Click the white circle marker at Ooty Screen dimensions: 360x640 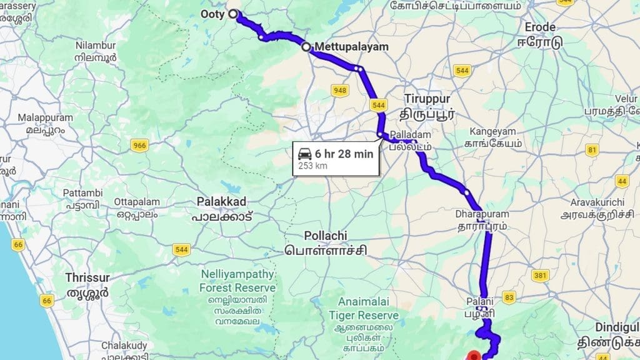click(x=233, y=14)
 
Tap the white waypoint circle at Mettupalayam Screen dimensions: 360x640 click(x=306, y=47)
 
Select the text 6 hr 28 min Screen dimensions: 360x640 click(x=343, y=153)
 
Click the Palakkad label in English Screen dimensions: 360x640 click(x=221, y=202)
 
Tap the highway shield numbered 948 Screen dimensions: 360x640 click(x=340, y=91)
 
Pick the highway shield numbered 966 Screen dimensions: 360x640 click(x=139, y=145)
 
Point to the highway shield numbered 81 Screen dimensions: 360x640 click(x=592, y=149)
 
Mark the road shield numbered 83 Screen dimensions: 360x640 click(x=509, y=297)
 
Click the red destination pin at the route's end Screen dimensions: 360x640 click(x=474, y=356)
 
